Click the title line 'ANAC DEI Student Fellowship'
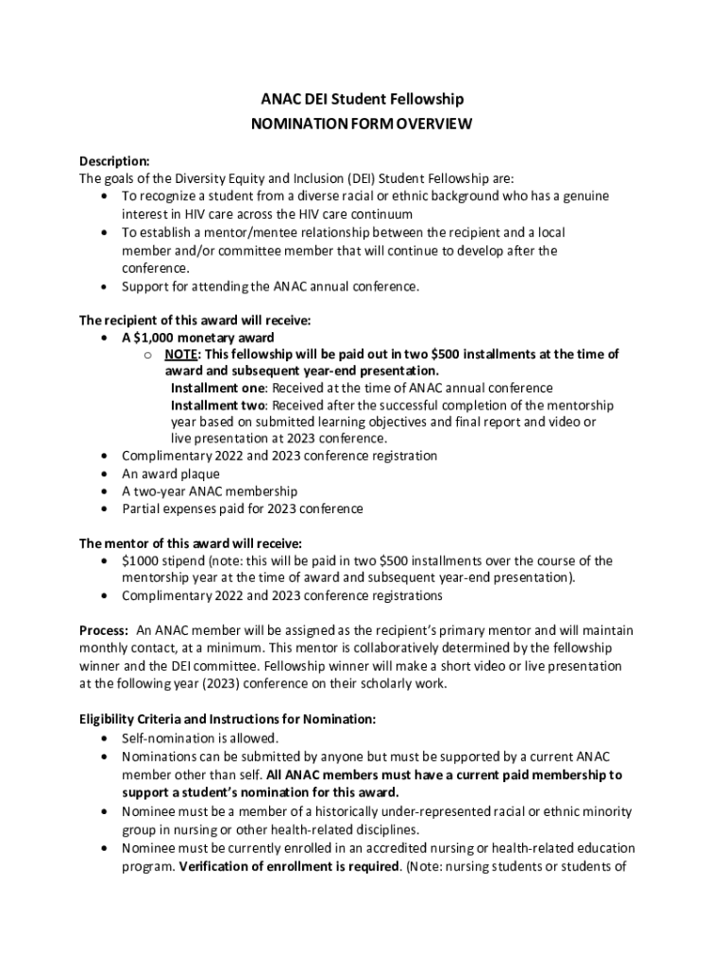(x=363, y=99)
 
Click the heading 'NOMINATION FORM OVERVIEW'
(x=363, y=124)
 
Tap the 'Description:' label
(x=114, y=160)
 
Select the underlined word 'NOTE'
(x=181, y=355)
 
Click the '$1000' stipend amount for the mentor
(x=140, y=561)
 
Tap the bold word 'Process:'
(x=104, y=630)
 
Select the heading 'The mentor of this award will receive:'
(x=191, y=543)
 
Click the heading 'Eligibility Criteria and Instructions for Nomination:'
(x=227, y=719)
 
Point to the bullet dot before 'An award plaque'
(x=103, y=475)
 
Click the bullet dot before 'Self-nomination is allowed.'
(x=103, y=738)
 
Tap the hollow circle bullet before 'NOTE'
(x=148, y=355)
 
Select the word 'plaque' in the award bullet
(x=201, y=475)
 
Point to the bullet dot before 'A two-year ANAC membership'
(x=103, y=491)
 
